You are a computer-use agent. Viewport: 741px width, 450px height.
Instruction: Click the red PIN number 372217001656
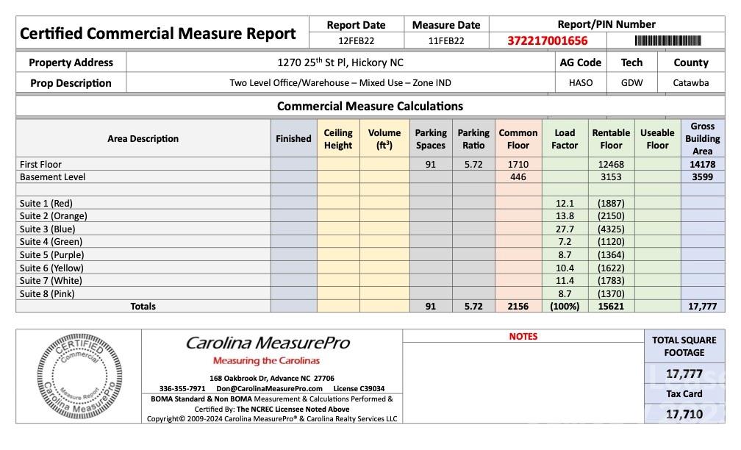pyautogui.click(x=547, y=41)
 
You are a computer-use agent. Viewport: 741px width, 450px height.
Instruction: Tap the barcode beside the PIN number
pyautogui.click(x=667, y=41)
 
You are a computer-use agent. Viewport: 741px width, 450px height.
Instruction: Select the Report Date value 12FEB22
pyautogui.click(x=356, y=41)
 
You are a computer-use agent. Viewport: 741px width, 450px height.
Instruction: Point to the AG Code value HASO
pyautogui.click(x=580, y=83)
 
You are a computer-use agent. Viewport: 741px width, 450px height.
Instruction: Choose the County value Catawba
pyautogui.click(x=690, y=83)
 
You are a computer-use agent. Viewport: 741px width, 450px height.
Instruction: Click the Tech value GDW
pyautogui.click(x=631, y=83)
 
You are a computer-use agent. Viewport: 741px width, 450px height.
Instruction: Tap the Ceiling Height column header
pyautogui.click(x=338, y=139)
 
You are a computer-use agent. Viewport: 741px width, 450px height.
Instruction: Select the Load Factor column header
pyautogui.click(x=565, y=139)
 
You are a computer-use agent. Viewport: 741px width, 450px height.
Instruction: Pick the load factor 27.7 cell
pyautogui.click(x=565, y=229)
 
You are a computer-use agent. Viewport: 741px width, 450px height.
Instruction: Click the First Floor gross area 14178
pyautogui.click(x=702, y=165)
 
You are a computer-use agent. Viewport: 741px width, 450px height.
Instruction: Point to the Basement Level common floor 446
pyautogui.click(x=518, y=177)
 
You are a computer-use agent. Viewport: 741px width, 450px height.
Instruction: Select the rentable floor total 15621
pyautogui.click(x=611, y=307)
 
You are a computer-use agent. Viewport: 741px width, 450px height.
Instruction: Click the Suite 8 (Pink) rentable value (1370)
pyautogui.click(x=611, y=294)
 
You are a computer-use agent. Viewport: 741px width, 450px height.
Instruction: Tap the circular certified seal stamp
pyautogui.click(x=79, y=376)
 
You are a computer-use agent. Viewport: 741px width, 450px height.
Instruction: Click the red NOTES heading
pyautogui.click(x=523, y=337)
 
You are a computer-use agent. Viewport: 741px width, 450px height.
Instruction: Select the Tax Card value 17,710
pyautogui.click(x=684, y=415)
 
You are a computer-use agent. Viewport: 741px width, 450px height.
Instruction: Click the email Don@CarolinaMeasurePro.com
pyautogui.click(x=269, y=389)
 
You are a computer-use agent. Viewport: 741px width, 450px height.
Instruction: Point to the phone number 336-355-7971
pyautogui.click(x=182, y=389)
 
